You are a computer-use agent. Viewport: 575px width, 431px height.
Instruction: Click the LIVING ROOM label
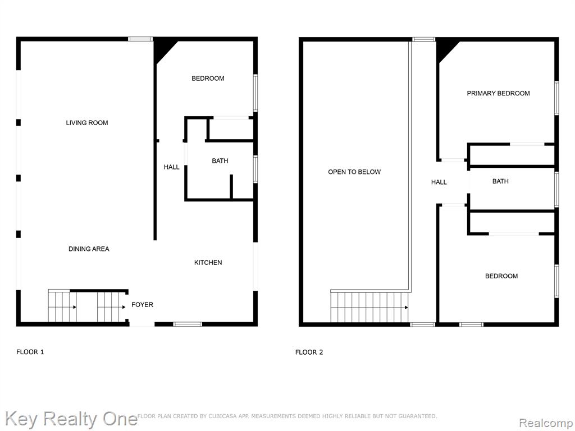[x=87, y=123]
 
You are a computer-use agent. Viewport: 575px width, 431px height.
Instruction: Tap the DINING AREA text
[x=89, y=249]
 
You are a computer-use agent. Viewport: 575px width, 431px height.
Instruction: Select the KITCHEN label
[x=208, y=263]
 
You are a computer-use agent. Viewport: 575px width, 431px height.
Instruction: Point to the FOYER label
[x=142, y=305]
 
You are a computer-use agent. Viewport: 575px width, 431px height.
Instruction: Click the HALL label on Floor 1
[x=172, y=167]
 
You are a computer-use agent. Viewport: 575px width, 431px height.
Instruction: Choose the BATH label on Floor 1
[x=220, y=161]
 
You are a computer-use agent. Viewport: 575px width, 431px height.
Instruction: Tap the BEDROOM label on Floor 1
[x=208, y=79]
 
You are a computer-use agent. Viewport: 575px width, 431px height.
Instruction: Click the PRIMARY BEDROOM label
[x=499, y=94]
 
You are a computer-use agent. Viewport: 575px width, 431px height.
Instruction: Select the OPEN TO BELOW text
[x=354, y=172]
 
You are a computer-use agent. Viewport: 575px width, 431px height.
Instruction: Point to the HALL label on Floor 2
[x=439, y=182]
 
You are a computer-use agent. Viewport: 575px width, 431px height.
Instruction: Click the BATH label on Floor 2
[x=500, y=181]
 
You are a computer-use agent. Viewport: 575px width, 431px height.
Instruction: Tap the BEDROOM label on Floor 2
[x=501, y=276]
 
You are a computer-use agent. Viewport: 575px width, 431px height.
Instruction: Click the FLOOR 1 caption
[x=30, y=352]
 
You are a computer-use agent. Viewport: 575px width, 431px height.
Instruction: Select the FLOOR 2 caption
[x=309, y=352]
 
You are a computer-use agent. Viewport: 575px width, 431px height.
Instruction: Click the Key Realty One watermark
[x=71, y=419]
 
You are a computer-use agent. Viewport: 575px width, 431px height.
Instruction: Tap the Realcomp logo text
[x=546, y=423]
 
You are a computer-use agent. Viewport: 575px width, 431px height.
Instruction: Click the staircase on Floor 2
[x=369, y=307]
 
